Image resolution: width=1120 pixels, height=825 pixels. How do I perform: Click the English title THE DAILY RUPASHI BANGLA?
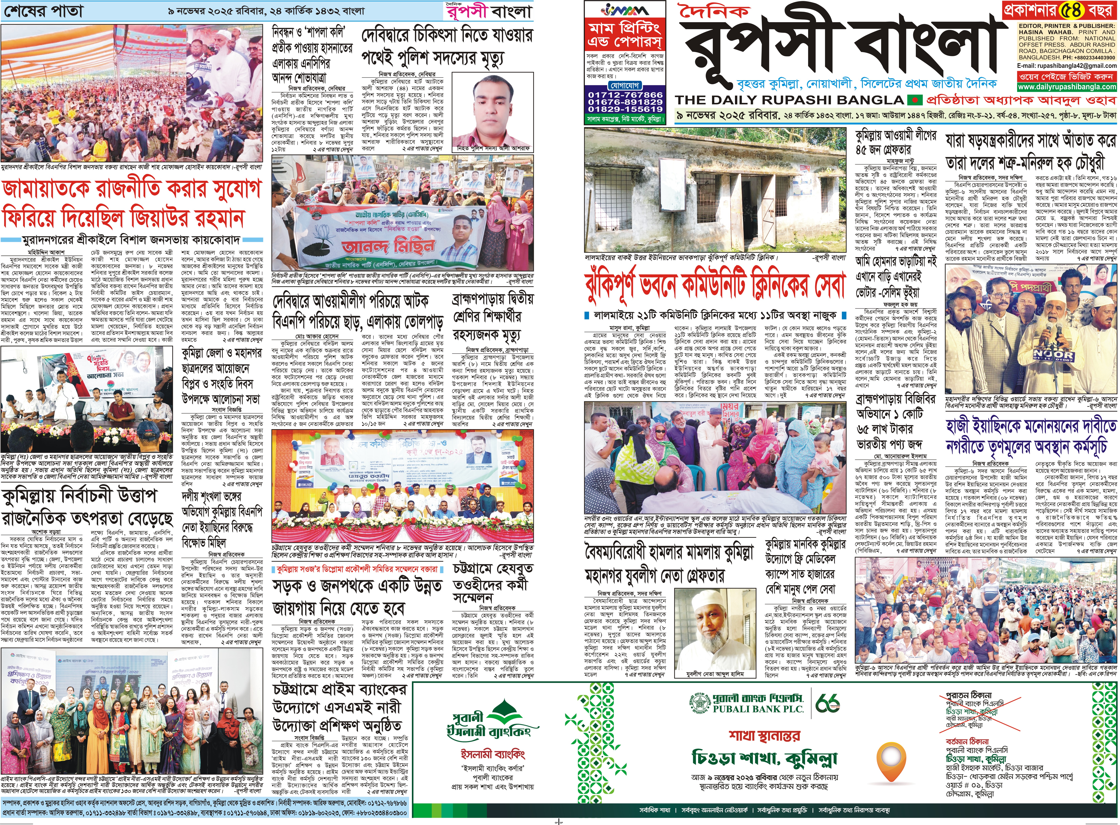click(x=789, y=99)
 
